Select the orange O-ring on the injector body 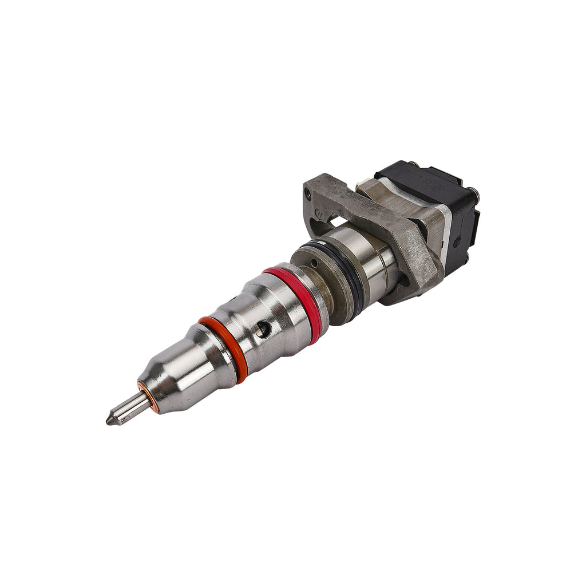[x=225, y=349]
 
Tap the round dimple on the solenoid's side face [x=457, y=242]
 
